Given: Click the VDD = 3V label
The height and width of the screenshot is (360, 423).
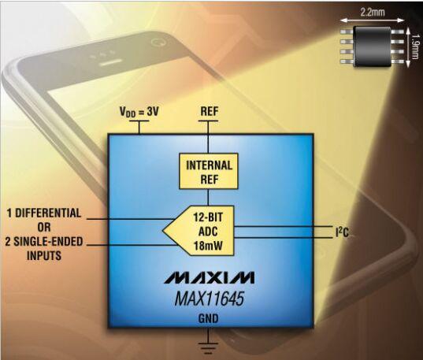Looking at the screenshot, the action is coord(139,112).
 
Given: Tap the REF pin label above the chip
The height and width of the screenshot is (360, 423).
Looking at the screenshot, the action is coord(210,111).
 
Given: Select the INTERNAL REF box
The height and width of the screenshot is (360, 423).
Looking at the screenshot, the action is coord(209,171).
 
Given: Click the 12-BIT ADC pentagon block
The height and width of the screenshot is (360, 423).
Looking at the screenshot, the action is coord(199,231).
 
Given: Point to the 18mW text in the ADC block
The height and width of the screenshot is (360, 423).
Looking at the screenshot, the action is coord(208,245).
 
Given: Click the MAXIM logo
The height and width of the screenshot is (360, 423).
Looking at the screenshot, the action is coord(209,278).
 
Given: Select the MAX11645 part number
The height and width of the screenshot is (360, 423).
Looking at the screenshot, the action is coord(210,299).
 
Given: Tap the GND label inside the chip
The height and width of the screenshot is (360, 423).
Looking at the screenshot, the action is coord(208,319).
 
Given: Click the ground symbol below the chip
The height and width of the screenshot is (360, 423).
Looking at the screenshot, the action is coord(208,348).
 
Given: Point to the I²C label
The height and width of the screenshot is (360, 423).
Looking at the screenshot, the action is coord(342,232).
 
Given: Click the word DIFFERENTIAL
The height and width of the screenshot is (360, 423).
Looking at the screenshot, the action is coord(48,213).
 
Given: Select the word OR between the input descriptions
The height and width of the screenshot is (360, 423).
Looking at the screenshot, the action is coord(44,227).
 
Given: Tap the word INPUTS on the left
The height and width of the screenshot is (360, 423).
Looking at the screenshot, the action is coord(44,255).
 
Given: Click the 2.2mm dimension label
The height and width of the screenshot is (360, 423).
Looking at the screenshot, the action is coord(373,12).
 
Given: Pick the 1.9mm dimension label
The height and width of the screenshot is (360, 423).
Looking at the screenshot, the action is coord(416,46).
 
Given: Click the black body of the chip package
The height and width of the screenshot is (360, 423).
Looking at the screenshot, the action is coord(373,46).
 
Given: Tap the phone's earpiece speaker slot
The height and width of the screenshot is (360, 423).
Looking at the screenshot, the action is coord(110,63).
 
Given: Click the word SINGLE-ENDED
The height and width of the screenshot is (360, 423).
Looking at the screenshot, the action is coord(48,241).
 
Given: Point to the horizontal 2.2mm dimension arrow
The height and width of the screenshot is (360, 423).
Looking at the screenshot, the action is coord(372,20).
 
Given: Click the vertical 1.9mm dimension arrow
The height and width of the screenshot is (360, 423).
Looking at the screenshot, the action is coord(407,46).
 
